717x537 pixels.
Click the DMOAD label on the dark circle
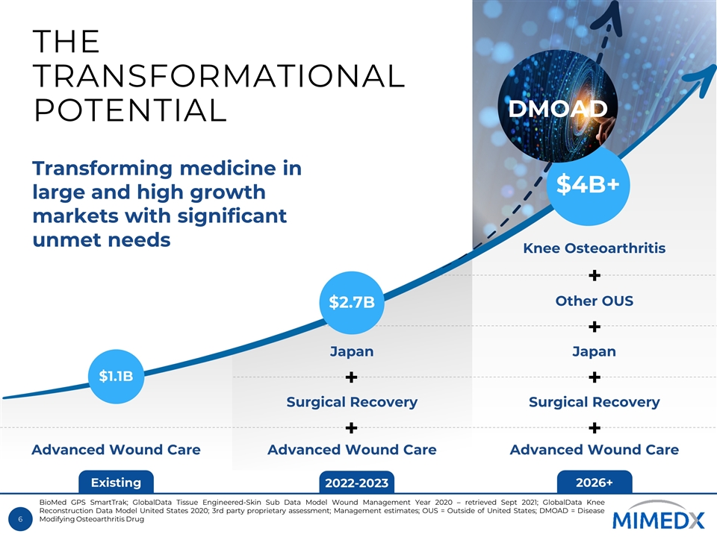coord(557,109)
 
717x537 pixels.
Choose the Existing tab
coord(116,483)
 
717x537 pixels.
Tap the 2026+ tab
coord(595,483)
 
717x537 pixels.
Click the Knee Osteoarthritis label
coord(595,248)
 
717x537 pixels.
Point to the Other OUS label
coord(595,301)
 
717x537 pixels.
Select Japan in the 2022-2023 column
coord(352,351)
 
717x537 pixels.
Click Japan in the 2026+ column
coord(595,351)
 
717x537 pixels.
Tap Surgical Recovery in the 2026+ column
coord(595,402)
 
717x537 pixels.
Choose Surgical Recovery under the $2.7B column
coord(352,402)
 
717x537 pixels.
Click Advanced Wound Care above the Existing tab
coord(116,450)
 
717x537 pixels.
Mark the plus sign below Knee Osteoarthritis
coord(595,276)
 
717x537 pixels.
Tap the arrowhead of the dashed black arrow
coord(612,14)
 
